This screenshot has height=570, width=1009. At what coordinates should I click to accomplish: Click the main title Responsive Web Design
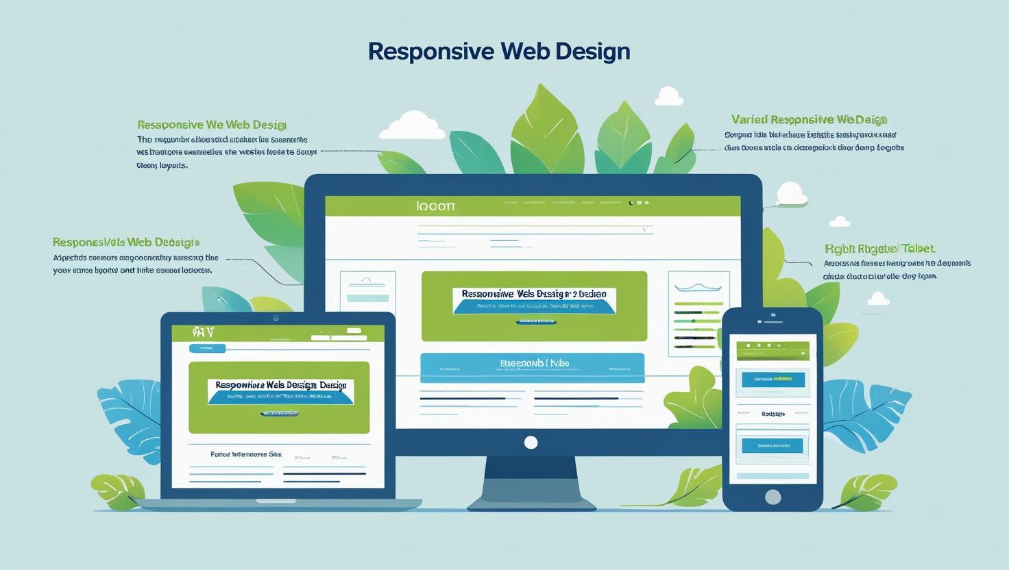[498, 51]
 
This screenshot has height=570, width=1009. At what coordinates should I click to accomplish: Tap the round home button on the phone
[773, 497]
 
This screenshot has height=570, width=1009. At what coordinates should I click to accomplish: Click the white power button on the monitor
[531, 443]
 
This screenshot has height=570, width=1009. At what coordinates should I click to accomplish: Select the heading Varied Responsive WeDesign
[809, 120]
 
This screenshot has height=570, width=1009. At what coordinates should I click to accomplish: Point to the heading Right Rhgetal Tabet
[879, 249]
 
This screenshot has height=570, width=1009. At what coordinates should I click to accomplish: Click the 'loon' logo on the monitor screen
[435, 206]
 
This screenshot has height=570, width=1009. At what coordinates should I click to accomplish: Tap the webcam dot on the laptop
[276, 318]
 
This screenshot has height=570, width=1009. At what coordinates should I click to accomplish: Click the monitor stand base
[531, 504]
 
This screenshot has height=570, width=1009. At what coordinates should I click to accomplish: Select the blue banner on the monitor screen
[532, 367]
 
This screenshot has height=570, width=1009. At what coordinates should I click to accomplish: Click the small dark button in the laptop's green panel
[280, 414]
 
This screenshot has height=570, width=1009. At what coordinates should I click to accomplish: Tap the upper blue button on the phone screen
[773, 379]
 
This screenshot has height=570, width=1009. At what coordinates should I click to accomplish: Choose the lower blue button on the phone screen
[772, 445]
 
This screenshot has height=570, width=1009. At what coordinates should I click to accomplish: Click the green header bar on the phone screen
[773, 351]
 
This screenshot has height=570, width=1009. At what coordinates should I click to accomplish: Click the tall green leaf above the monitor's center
[547, 130]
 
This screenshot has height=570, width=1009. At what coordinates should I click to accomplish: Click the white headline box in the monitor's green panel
[534, 301]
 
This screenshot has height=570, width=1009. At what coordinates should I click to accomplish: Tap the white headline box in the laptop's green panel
[280, 391]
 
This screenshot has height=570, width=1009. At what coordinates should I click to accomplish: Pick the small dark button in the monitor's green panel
[535, 321]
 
